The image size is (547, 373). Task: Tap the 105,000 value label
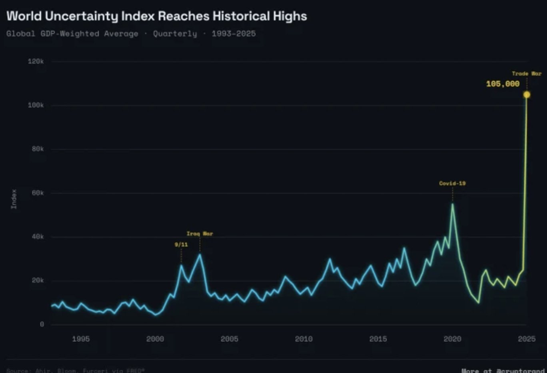[503, 84]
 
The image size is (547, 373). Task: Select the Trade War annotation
[526, 74]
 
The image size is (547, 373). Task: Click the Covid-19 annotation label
[452, 183]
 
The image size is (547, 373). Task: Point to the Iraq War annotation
[200, 233]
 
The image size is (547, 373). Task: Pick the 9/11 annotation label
[181, 244]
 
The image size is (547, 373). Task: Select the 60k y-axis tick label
[38, 193]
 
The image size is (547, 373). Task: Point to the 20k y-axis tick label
[38, 281]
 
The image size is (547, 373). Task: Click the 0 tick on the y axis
[42, 324]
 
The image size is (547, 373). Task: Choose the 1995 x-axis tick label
[81, 339]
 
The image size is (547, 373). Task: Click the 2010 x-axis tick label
[304, 339]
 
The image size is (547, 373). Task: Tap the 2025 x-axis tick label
[526, 339]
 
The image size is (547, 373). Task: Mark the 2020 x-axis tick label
[452, 339]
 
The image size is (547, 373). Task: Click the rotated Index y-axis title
[14, 199]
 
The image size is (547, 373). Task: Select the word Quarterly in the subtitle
[175, 34]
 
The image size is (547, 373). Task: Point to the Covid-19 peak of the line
[452, 204]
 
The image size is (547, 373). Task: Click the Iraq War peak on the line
[200, 254]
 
